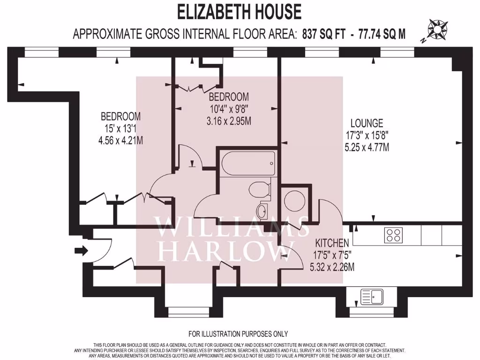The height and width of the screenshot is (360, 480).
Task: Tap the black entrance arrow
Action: (81, 251)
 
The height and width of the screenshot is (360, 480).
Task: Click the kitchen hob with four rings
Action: (393, 235)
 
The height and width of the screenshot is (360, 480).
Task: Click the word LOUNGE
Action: (367, 124)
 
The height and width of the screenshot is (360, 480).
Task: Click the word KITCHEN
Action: (332, 243)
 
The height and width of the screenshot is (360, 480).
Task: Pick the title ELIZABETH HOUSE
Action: (239, 12)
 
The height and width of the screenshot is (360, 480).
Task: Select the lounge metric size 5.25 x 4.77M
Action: (367, 147)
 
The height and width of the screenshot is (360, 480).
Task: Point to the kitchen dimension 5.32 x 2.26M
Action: (332, 267)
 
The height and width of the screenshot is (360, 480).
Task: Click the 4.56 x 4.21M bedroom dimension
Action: (120, 140)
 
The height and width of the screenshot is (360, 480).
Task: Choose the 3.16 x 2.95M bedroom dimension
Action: (229, 121)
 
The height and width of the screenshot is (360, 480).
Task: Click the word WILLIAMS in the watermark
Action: (232, 227)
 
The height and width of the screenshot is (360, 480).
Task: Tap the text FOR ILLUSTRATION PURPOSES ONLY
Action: (238, 334)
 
